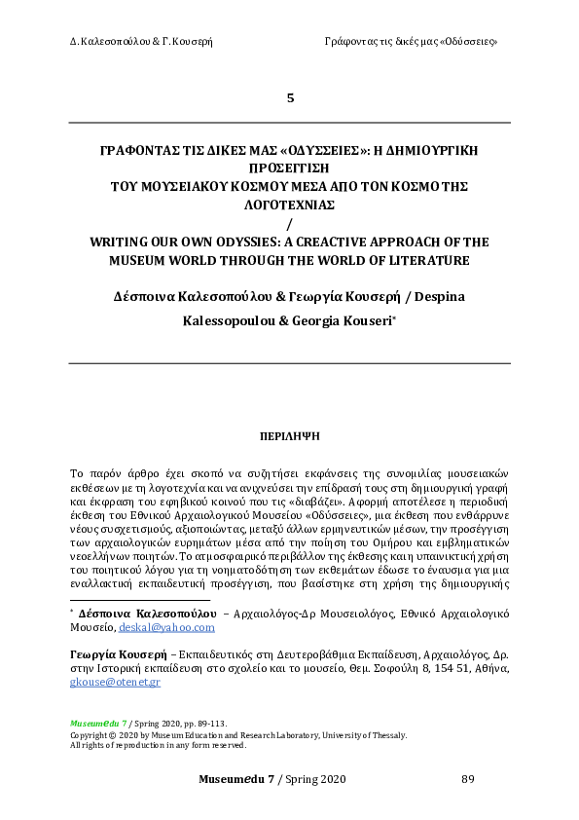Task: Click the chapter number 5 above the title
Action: coord(289,98)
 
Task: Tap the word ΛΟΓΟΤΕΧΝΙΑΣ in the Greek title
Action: coord(289,205)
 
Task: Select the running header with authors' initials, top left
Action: coord(141,42)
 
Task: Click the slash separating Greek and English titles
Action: coord(289,223)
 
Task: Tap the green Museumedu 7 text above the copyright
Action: coord(92,725)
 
